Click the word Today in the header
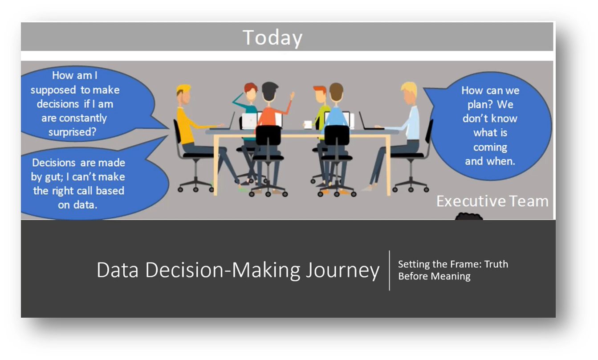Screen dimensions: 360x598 click(272, 37)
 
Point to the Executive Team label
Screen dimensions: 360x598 click(492, 201)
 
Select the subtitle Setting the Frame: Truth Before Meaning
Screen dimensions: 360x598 click(452, 270)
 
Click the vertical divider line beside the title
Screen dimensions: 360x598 click(390, 270)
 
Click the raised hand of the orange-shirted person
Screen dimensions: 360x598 click(293, 95)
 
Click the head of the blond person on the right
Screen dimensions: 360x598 click(408, 92)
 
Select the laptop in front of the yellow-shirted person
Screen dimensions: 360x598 click(230, 120)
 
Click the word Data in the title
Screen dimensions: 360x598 click(117, 270)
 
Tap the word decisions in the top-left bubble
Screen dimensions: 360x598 click(56, 104)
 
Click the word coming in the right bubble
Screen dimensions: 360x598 click(490, 147)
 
